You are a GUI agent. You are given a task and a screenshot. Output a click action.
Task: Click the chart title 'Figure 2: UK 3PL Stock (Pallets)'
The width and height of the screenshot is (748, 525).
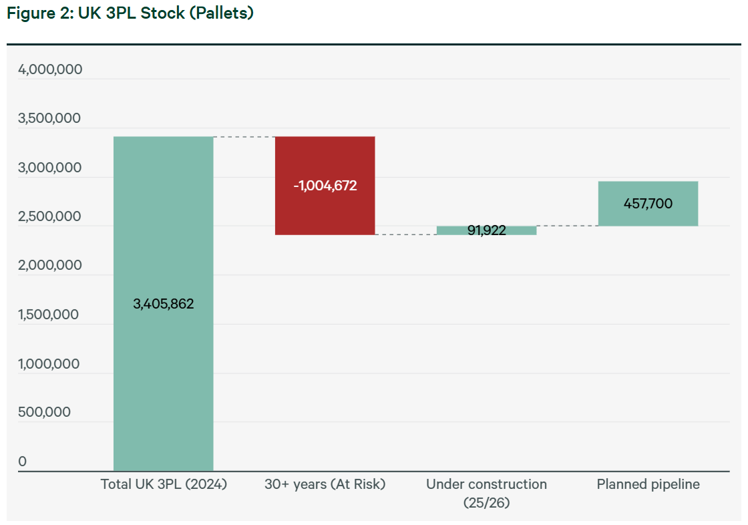[130, 13]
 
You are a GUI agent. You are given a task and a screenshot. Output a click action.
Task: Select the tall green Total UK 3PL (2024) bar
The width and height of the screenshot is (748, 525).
[163, 303]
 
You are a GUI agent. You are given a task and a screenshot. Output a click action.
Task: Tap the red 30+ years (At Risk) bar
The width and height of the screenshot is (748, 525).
[325, 186]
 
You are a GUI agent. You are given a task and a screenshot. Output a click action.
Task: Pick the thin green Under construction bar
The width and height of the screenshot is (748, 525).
[487, 230]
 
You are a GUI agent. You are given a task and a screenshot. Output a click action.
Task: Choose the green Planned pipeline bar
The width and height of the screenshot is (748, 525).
[648, 204]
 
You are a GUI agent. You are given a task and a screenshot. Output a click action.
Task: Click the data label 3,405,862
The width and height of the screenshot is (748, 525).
[163, 303]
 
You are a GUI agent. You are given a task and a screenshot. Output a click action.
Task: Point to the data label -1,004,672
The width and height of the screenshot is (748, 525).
[325, 185]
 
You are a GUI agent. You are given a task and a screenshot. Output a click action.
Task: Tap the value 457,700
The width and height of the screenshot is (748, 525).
[648, 203]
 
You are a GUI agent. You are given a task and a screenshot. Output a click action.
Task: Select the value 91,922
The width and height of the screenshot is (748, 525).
[487, 230]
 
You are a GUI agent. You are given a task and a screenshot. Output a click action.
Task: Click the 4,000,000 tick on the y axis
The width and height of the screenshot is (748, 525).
[50, 69]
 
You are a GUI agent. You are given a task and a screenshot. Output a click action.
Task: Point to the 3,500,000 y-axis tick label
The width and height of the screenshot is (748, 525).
[49, 118]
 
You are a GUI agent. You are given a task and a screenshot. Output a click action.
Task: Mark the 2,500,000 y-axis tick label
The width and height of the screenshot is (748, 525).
[49, 216]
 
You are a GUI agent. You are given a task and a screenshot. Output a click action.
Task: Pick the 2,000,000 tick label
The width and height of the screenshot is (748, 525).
[50, 265]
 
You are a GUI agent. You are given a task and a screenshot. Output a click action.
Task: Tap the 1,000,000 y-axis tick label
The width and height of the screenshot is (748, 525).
[49, 363]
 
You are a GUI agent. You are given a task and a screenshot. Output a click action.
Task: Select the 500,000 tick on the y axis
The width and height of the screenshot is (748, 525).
[44, 412]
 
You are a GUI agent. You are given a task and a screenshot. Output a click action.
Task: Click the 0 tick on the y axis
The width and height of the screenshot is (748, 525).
[23, 462]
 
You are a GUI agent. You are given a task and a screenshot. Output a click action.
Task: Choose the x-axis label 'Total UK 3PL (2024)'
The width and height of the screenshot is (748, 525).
[164, 484]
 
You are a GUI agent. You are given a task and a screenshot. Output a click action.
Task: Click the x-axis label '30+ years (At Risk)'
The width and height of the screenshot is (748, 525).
[325, 484]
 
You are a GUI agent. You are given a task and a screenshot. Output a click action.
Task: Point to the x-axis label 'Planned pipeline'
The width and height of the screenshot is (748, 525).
[648, 484]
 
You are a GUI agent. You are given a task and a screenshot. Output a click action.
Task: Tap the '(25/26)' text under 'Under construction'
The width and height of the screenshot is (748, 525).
[487, 502]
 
